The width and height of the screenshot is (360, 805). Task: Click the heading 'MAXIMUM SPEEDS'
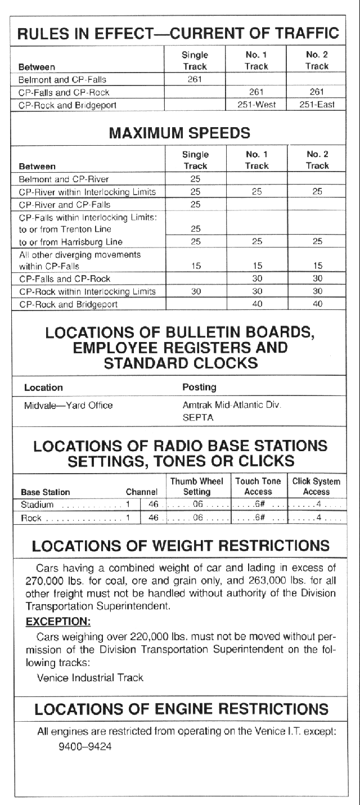pyautogui.click(x=180, y=134)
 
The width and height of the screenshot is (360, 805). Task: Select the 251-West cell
pyautogui.click(x=256, y=105)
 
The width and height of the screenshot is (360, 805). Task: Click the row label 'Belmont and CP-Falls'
pyautogui.click(x=62, y=79)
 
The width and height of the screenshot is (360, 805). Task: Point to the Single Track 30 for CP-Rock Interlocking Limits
pyautogui.click(x=195, y=291)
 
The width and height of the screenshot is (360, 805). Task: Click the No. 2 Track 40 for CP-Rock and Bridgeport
pyautogui.click(x=317, y=304)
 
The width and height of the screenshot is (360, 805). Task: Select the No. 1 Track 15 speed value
pyautogui.click(x=256, y=266)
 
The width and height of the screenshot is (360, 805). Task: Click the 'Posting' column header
pyautogui.click(x=199, y=388)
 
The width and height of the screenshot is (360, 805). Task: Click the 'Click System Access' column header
pyautogui.click(x=316, y=487)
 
